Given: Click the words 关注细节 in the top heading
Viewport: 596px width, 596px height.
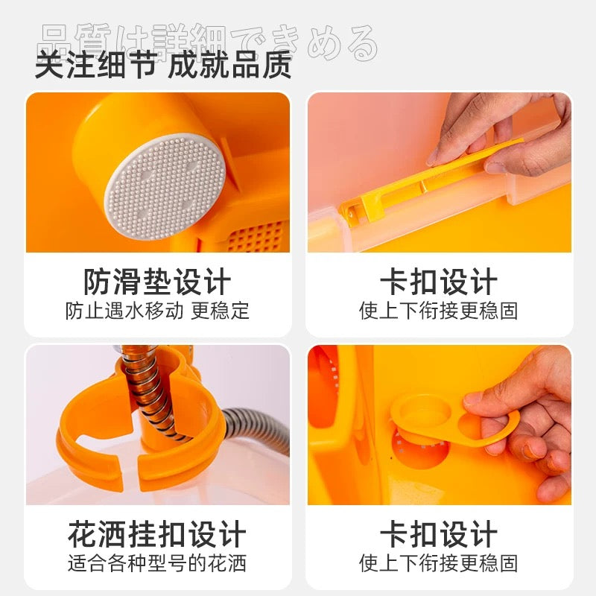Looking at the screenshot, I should pos(95,66).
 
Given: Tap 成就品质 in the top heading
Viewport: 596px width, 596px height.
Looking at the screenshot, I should pos(229,66).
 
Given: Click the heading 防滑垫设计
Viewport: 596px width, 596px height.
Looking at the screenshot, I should pos(157,282).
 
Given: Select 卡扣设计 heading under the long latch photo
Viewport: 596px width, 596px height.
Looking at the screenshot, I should pos(439,282).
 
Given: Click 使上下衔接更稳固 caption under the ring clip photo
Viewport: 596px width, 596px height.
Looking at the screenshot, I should pos(439,562).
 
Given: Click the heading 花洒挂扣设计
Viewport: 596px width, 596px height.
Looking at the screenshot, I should pos(157,534).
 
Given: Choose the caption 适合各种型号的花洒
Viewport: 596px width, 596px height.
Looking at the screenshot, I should pos(157,562).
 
